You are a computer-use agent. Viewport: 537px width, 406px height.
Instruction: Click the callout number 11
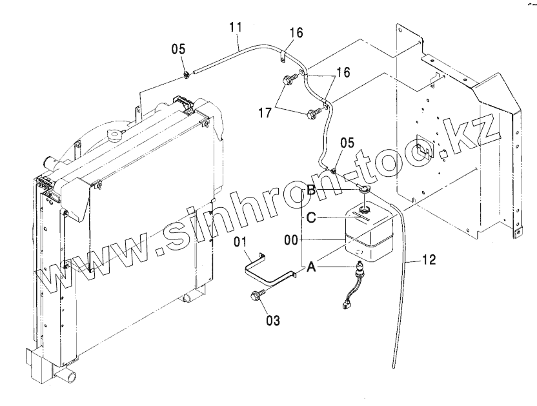tap(236, 28)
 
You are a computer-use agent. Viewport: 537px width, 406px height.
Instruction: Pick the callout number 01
tap(241, 243)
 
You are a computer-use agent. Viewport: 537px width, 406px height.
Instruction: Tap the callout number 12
tap(429, 261)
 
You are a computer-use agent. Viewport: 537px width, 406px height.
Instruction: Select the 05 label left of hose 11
tap(178, 49)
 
